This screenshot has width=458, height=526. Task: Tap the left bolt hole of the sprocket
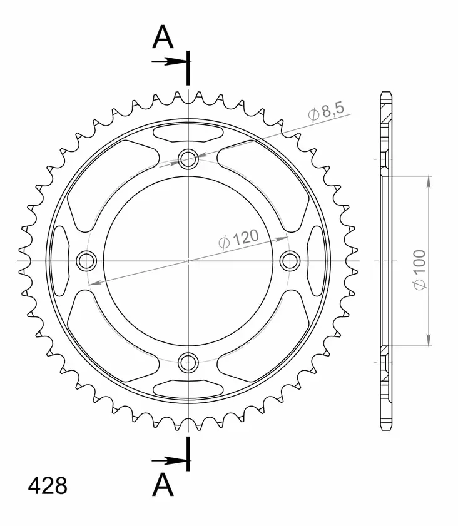pos(86,260)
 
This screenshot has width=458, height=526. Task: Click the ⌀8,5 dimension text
pos(325,112)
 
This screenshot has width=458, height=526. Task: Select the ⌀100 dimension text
pos(419,269)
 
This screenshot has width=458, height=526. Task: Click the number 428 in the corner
pos(48,486)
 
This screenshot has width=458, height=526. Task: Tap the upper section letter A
pos(163,38)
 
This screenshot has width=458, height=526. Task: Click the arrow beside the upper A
pos(168,61)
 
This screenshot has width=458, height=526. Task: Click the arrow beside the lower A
pos(168,461)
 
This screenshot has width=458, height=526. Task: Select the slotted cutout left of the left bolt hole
pos(60,260)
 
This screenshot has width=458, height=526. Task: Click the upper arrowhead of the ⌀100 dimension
pos(429,182)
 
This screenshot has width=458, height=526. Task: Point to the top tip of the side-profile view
pos(385,94)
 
